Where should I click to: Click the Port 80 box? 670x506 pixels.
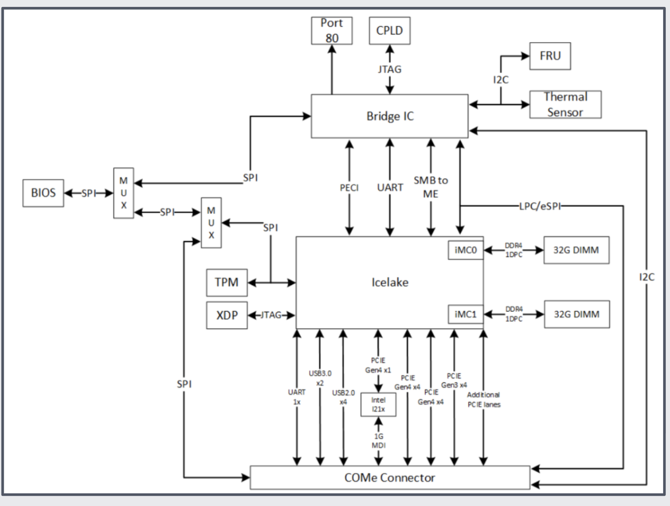331,31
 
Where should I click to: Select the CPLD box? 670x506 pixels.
389,31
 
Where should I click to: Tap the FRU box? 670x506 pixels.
550,56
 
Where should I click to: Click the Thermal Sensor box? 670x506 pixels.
565,105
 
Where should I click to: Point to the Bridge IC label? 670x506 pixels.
390,116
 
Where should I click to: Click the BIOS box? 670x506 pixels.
43,193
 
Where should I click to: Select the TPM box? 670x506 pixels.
227,282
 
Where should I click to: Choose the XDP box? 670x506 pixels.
227,315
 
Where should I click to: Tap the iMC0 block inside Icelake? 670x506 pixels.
465,250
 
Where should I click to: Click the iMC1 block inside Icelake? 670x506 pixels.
465,315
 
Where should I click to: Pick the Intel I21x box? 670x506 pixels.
378,404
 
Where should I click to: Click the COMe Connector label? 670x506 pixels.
390,478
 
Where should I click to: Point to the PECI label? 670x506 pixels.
349,188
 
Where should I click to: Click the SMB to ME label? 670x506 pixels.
430,187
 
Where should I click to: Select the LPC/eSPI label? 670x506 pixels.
540,206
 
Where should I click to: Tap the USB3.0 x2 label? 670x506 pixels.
320,378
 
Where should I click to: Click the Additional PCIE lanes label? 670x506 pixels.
484,399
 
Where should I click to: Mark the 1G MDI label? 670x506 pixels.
378,440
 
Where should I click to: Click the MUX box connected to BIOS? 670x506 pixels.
124,193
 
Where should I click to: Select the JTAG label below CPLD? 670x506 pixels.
389,69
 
